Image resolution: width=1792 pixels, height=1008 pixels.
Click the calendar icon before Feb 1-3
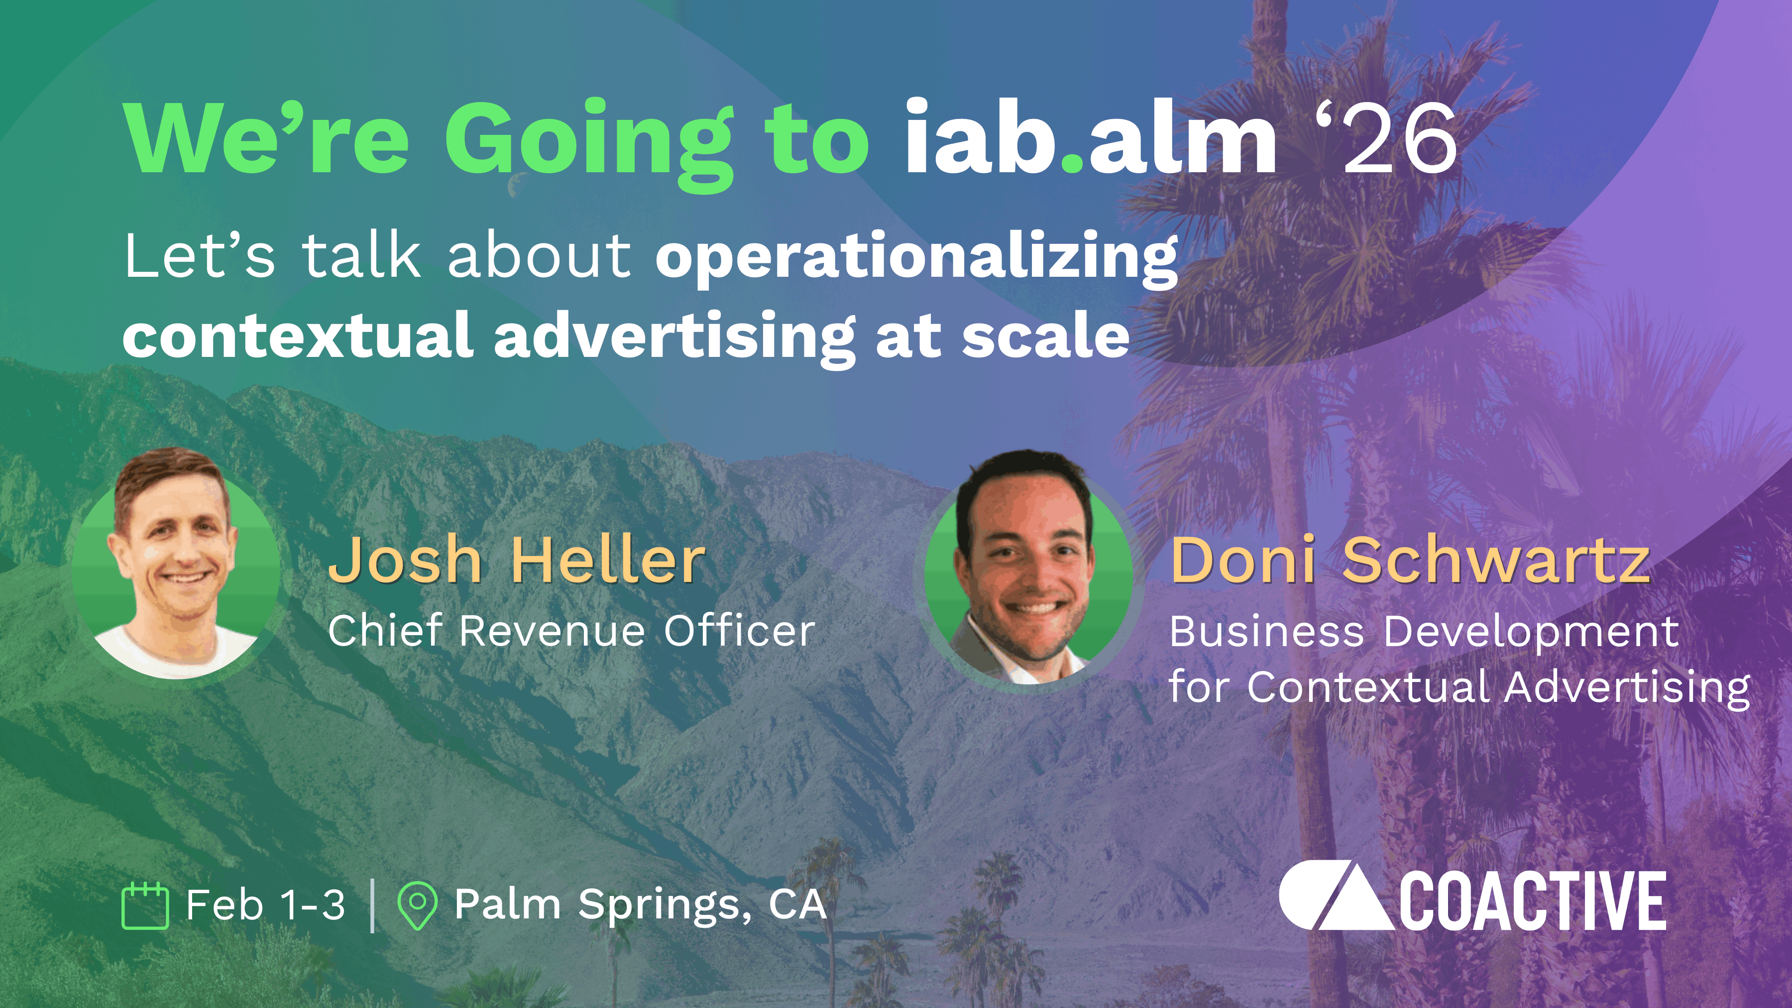145,906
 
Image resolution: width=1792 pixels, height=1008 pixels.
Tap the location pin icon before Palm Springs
417,906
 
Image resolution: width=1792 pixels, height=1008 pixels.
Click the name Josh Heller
516,560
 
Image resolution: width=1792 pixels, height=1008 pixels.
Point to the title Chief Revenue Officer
571,631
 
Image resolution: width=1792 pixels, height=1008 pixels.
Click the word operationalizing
917,257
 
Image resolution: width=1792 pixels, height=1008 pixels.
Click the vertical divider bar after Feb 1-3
373,906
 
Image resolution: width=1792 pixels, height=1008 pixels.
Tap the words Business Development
1423,632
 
